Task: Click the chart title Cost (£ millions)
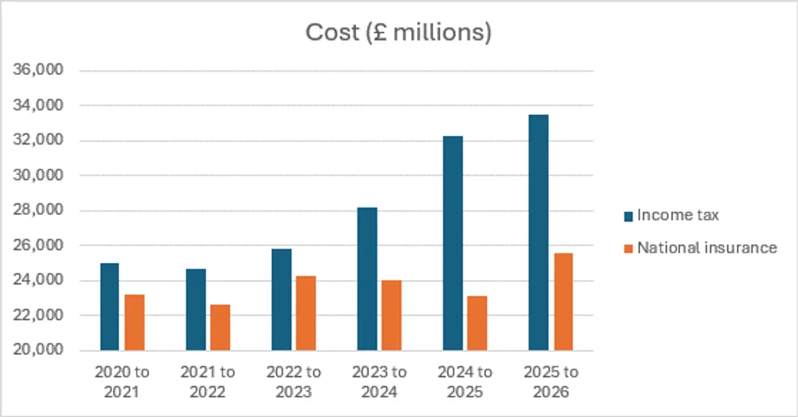pos(398,33)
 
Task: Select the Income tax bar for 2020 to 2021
pos(109,307)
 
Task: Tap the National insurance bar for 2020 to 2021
pos(134,323)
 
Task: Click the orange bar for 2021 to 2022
pos(220,327)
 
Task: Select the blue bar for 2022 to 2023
pos(281,300)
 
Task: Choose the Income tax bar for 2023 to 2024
pos(366,279)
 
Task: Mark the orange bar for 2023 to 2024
pos(392,315)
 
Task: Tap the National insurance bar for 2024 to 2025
pos(477,323)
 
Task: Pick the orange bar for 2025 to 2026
pos(563,301)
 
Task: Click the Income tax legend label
pos(677,215)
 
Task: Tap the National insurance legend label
pos(706,248)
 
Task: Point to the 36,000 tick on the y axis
pos(40,71)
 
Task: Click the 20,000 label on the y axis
pos(40,351)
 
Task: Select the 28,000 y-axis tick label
pos(40,211)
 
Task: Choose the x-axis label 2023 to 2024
pos(379,381)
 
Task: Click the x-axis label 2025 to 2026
pos(550,381)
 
